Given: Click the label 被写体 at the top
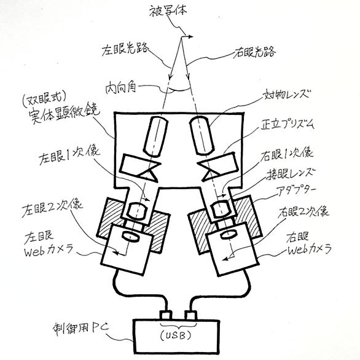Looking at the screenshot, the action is click(x=168, y=10).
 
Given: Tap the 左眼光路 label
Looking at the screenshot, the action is click(x=125, y=49).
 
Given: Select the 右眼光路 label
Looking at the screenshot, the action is click(x=254, y=52).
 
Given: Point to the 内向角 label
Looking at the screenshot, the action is click(x=121, y=88).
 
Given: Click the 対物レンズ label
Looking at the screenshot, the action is click(x=287, y=95).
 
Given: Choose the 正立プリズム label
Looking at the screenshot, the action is click(x=287, y=125).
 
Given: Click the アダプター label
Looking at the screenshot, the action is click(x=296, y=190).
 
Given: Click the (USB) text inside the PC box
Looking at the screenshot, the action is click(x=176, y=335).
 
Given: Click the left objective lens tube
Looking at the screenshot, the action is click(x=155, y=136).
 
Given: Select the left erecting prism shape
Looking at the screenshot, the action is click(x=140, y=168).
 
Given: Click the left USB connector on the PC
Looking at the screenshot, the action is click(x=166, y=315).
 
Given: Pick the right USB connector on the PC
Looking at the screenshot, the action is click(x=190, y=315).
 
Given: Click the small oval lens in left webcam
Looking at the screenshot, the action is click(x=130, y=236).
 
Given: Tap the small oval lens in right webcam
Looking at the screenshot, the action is click(x=229, y=235).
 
